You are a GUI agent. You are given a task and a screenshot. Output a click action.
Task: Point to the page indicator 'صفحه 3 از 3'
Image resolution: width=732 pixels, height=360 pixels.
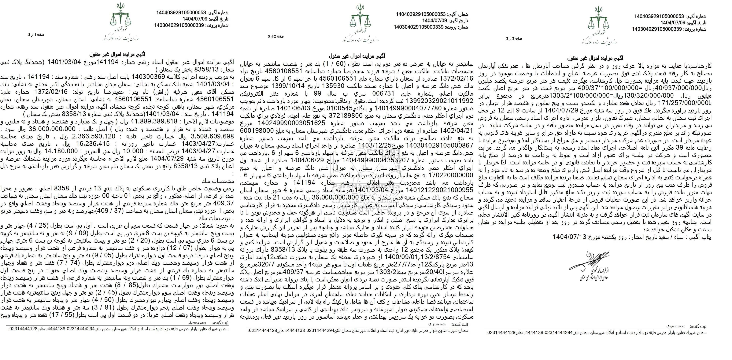[514, 38]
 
